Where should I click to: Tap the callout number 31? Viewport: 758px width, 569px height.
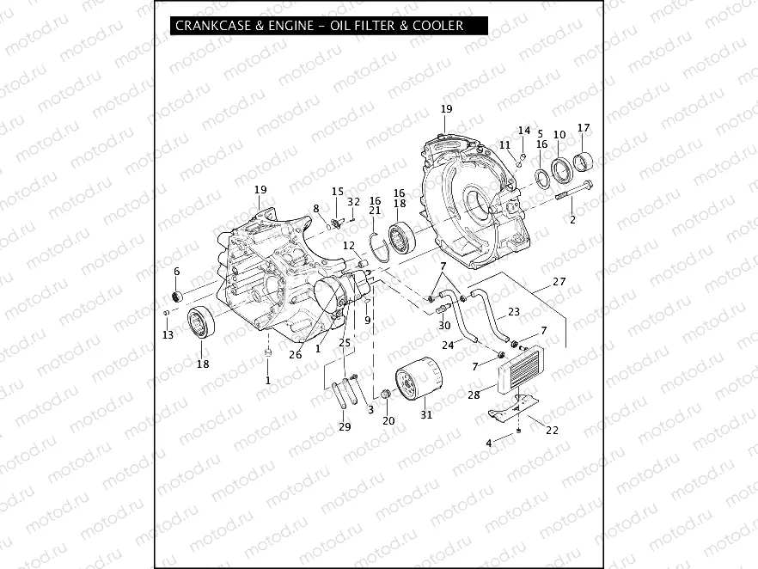click(x=426, y=417)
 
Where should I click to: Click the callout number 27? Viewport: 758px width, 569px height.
click(x=559, y=281)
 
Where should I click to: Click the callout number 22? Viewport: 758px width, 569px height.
click(x=552, y=431)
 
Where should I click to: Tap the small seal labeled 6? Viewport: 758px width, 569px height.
click(x=178, y=297)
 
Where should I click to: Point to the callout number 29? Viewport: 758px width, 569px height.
click(x=345, y=427)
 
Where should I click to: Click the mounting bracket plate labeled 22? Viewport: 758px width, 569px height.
click(x=510, y=409)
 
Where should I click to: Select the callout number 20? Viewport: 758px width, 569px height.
click(x=388, y=420)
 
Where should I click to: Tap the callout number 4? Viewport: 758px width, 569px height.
click(x=489, y=443)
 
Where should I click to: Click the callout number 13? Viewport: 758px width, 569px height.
click(x=168, y=334)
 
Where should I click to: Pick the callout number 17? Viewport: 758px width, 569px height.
click(x=584, y=128)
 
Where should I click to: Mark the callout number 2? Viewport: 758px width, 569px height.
click(x=572, y=220)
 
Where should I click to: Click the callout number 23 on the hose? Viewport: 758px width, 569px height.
click(x=514, y=311)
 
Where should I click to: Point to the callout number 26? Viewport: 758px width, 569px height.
click(x=296, y=355)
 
